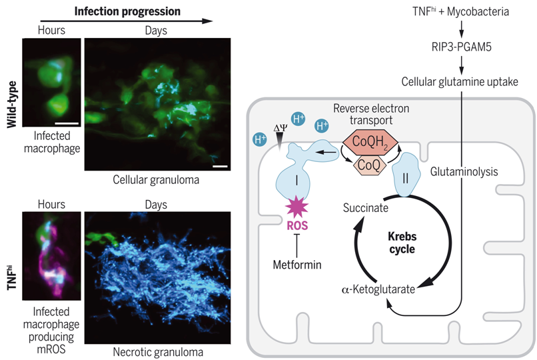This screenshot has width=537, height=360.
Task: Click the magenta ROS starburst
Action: [x=296, y=207]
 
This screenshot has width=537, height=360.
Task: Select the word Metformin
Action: [x=297, y=265]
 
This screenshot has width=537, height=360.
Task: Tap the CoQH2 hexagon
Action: [x=370, y=142]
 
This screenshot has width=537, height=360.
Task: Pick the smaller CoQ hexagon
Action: [x=369, y=165]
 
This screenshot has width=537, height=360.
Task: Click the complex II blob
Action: [x=406, y=175]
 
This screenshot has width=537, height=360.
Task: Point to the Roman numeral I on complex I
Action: [x=296, y=180]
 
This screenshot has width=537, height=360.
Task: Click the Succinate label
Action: [x=365, y=208]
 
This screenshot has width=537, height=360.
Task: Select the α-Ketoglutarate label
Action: [x=378, y=289]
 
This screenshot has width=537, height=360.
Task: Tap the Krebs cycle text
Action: [x=402, y=243]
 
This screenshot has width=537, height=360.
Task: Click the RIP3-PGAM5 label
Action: [x=461, y=47]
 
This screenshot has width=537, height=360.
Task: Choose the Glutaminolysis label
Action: [x=464, y=171]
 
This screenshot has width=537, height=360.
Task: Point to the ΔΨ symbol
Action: [x=280, y=128]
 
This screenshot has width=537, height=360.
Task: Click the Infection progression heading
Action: [x=127, y=11]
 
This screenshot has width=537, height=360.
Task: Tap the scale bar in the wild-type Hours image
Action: [x=67, y=123]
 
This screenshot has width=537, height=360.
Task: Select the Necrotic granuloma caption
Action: [x=158, y=352]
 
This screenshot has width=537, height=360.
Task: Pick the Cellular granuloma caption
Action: [x=156, y=180]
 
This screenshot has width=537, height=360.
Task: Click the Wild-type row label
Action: [x=12, y=105]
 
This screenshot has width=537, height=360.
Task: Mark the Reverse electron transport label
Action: [x=371, y=115]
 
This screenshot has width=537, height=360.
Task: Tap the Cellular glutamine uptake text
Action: [x=460, y=82]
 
